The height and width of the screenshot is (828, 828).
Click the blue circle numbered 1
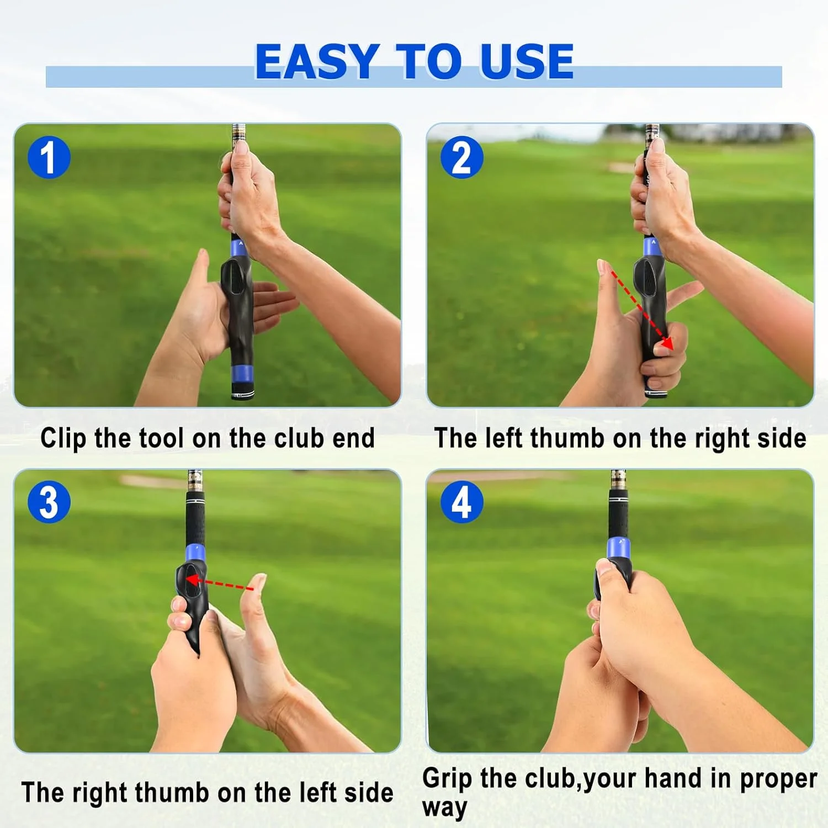click(49, 157)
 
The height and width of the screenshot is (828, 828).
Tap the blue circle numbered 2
click(462, 157)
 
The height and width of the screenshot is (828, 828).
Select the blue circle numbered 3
click(49, 502)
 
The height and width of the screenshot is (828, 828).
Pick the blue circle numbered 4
click(462, 502)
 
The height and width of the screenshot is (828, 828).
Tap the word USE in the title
click(527, 62)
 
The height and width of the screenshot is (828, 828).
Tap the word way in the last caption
click(445, 808)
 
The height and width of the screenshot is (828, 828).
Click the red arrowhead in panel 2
click(667, 343)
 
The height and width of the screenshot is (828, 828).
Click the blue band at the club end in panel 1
click(242, 374)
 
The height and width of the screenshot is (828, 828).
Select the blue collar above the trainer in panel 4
click(619, 549)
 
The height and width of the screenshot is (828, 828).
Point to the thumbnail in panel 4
click(604, 566)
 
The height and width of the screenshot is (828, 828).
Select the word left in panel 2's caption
click(503, 438)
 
